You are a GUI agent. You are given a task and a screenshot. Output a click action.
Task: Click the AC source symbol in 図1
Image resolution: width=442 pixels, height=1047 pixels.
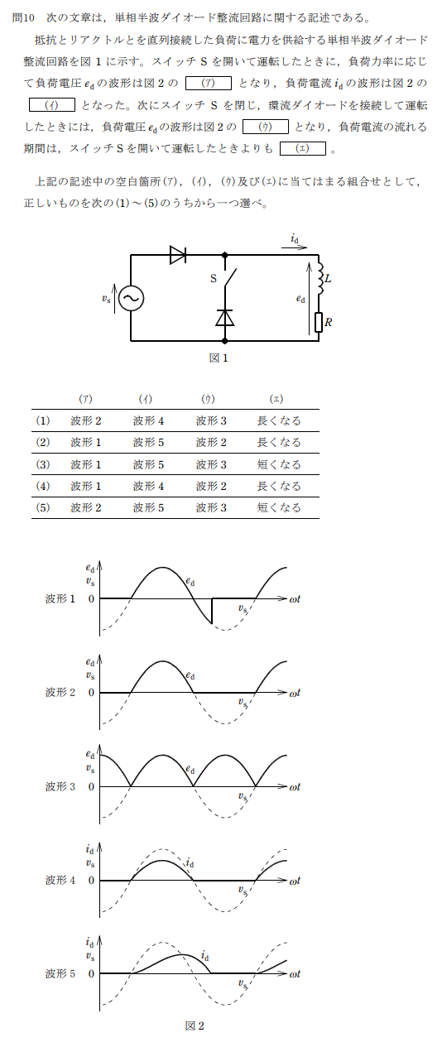131,298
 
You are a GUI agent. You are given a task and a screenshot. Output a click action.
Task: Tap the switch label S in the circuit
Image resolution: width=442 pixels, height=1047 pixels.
214,279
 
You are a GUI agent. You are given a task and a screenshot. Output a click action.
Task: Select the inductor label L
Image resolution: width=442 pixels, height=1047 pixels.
328,279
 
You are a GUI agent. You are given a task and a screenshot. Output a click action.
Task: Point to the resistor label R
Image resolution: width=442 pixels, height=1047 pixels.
329,323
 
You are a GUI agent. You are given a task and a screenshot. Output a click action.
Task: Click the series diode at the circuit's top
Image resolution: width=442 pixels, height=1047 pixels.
178,255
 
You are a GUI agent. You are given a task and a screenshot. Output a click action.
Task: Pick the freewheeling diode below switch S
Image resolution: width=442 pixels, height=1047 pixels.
225,317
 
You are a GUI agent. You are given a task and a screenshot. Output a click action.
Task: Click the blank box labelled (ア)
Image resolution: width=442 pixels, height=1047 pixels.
209,84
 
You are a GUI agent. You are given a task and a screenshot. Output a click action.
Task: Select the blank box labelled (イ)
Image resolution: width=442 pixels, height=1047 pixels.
52,104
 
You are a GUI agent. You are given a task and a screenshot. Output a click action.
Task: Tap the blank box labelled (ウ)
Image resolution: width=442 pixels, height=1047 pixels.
266,127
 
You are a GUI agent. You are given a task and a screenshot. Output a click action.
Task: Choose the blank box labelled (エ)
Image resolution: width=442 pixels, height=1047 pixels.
303,149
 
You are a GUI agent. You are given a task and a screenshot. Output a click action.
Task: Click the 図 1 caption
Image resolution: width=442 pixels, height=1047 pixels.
219,358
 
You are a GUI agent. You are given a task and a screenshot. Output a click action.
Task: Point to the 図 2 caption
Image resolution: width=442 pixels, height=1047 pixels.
195,1026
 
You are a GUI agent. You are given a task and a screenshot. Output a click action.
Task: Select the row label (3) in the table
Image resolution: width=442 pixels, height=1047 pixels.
43,464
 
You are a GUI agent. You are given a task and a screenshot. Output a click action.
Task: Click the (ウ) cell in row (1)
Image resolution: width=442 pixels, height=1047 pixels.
211,420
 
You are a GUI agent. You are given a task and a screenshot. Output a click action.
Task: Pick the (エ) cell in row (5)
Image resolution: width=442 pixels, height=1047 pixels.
279,507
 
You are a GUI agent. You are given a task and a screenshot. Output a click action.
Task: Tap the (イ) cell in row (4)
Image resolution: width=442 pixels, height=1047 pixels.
149,486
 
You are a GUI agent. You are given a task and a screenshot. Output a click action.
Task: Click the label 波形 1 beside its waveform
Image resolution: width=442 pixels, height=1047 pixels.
60,598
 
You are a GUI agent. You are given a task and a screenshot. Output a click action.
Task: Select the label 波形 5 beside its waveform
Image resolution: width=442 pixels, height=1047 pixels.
60,973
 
